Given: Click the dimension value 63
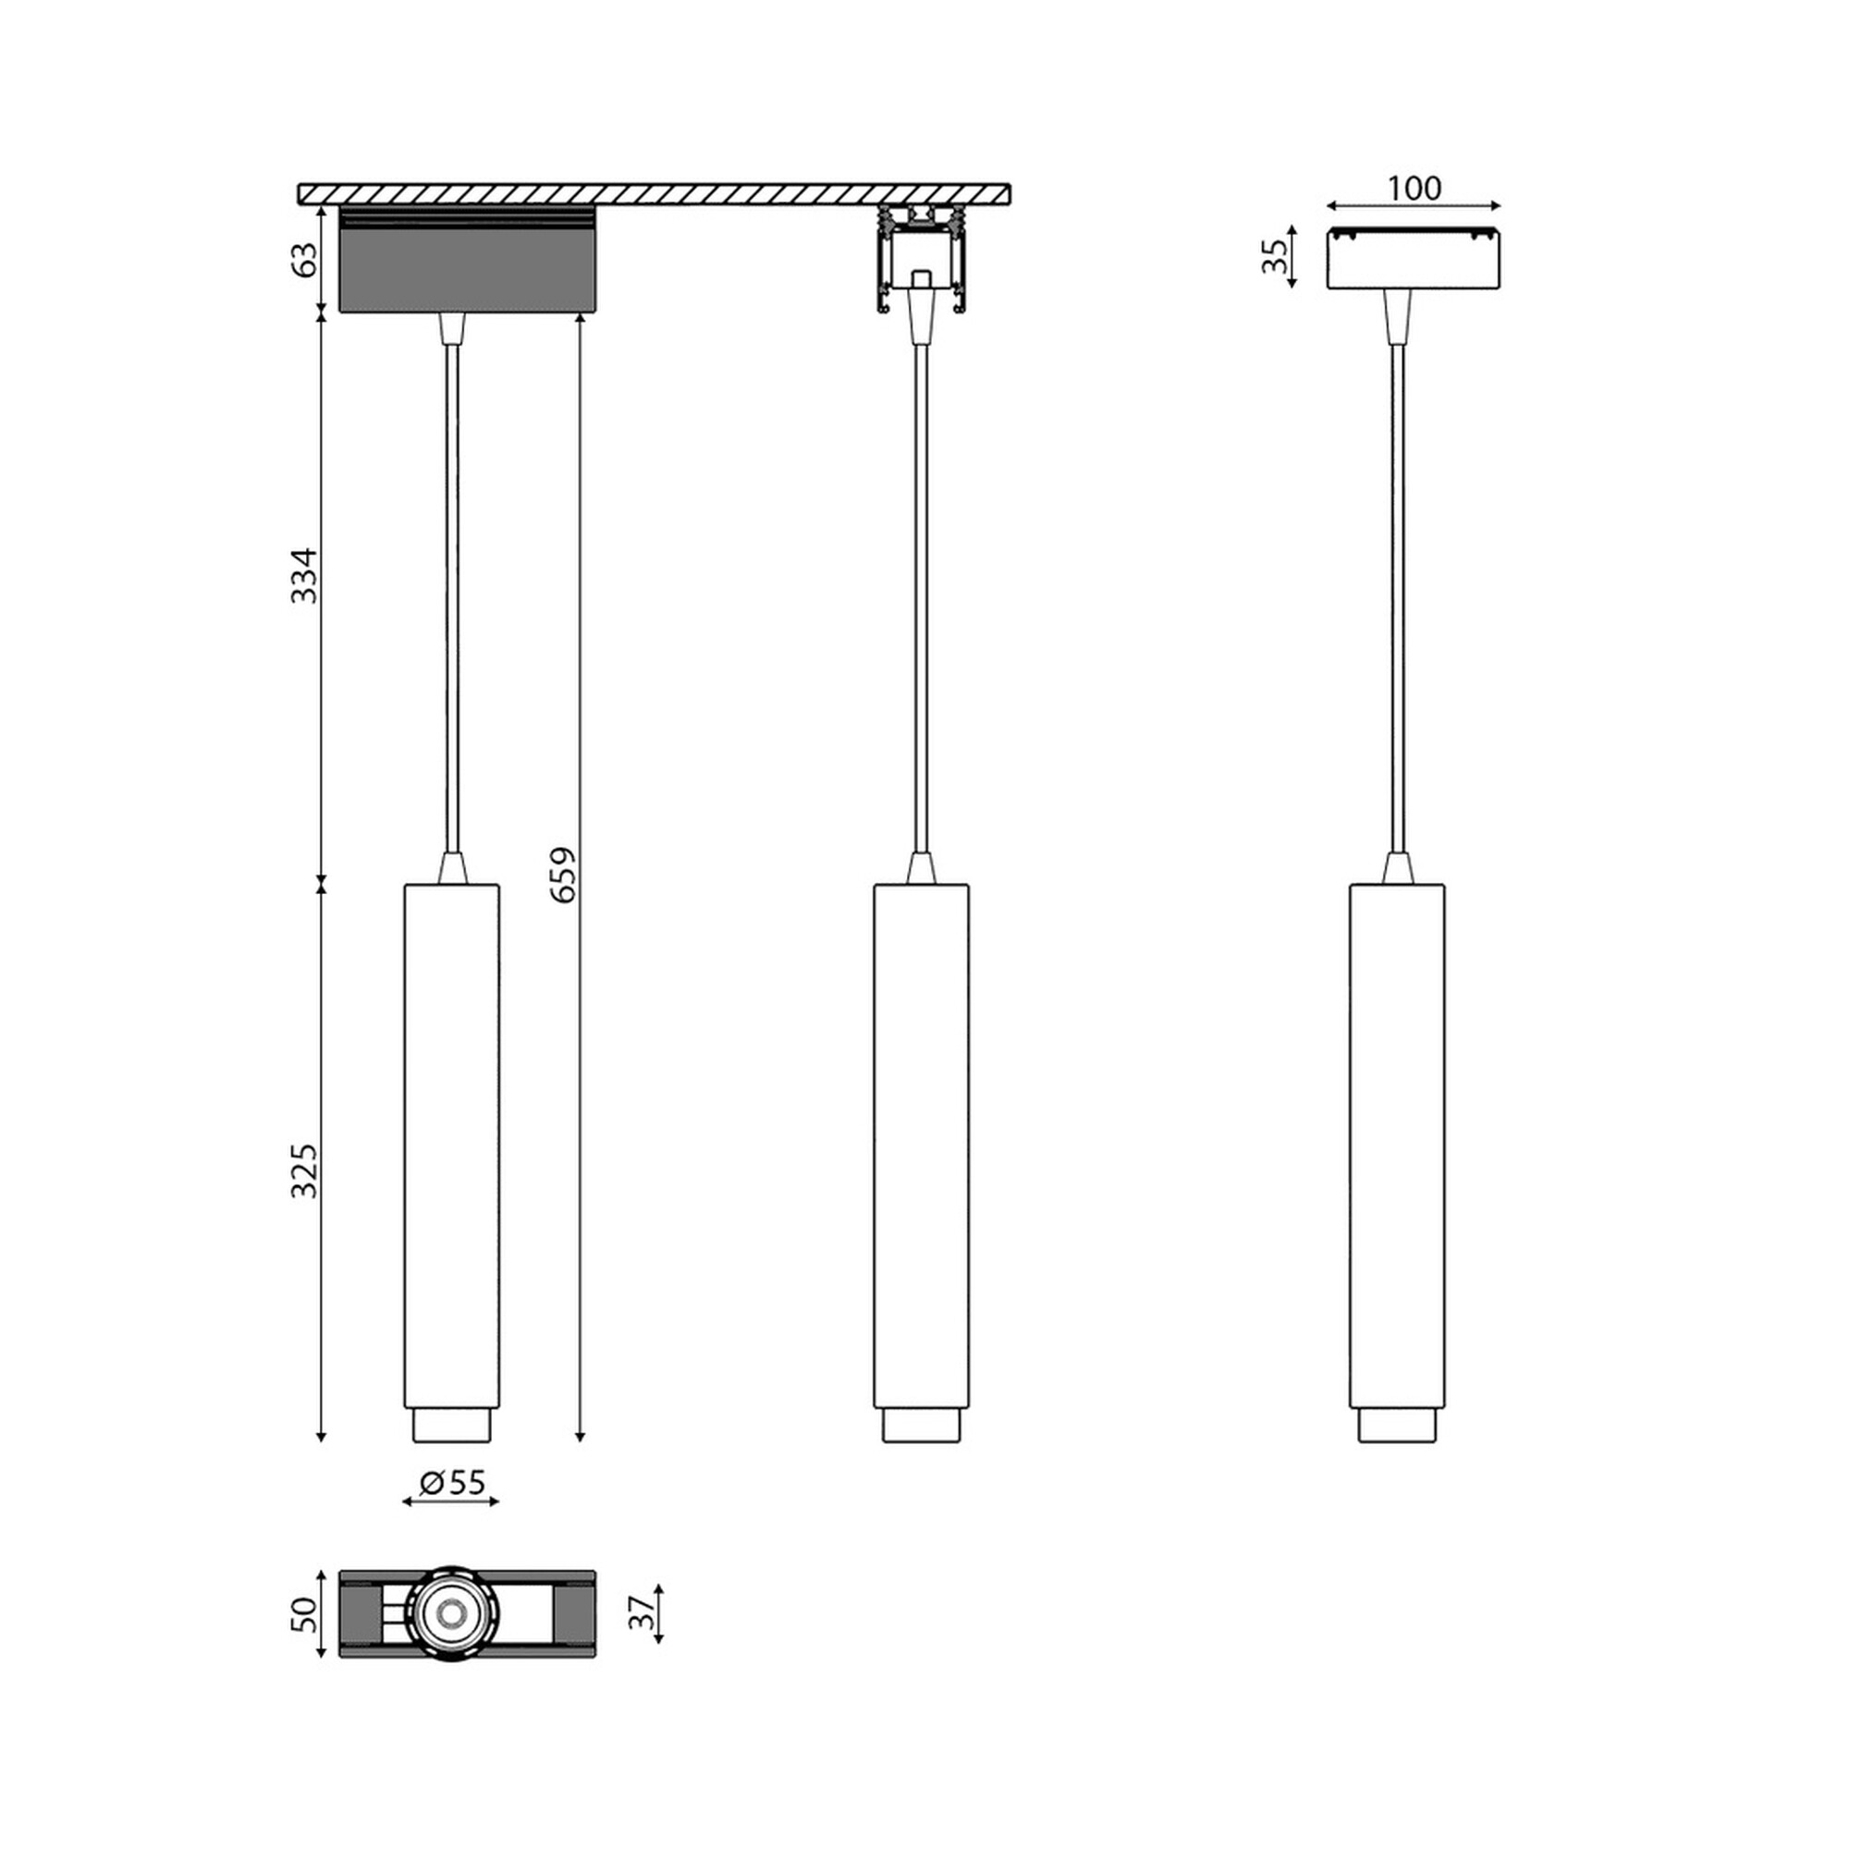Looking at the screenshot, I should pos(304,260).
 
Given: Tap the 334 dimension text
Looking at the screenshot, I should pos(304,575).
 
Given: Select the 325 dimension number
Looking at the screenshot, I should pos(304,1170).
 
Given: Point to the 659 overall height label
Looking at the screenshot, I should pos(564,874).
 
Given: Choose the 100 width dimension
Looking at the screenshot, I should pos(1414,189).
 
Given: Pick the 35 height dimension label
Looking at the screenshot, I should pos(1275,256).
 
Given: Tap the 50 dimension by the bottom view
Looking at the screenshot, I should pos(304,1614).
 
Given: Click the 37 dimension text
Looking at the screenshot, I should pos(644,1613).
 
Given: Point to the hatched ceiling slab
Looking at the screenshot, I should pos(655,194).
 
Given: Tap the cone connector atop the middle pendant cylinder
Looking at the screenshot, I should pos(921,869).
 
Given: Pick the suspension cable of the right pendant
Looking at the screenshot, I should pos(1397,594).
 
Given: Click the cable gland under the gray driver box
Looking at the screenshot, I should pos(452,327).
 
